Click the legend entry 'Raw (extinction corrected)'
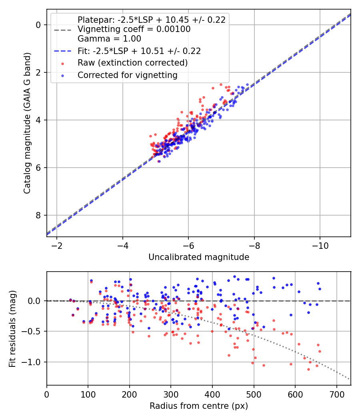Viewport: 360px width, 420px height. coord(132,63)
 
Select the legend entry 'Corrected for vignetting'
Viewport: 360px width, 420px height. coord(128,75)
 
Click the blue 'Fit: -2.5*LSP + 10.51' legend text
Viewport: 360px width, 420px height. coord(139,51)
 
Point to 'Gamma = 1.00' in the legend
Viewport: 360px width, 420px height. coord(109,39)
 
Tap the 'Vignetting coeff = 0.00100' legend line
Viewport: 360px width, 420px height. coord(134,29)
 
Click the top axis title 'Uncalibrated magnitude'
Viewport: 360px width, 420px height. coord(199,257)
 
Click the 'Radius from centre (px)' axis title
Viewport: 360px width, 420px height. coord(199,406)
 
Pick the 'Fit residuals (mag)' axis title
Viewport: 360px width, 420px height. coord(13,328)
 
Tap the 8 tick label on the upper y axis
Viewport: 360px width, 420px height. coord(38,215)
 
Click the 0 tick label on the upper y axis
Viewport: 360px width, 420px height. coord(38,25)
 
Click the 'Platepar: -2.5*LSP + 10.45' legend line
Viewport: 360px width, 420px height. coord(152,20)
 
